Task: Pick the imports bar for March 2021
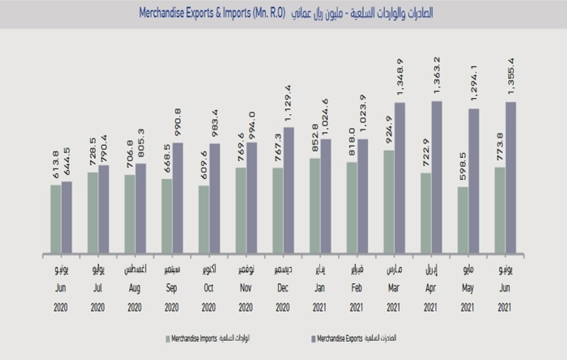pyautogui.click(x=389, y=202)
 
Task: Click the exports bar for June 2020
pyautogui.click(x=67, y=218)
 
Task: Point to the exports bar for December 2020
pyautogui.click(x=289, y=190)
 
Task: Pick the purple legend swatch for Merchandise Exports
pyautogui.click(x=312, y=339)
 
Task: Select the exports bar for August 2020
pyautogui.click(x=141, y=209)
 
